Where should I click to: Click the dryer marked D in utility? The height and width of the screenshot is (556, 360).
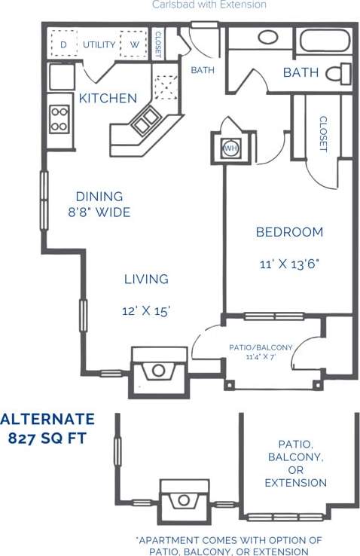pos(63,44)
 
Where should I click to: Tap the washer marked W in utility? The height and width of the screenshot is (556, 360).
pos(133,44)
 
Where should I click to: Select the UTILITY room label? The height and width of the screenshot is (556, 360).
pos(99,44)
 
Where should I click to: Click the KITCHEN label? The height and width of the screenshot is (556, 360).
pos(108,98)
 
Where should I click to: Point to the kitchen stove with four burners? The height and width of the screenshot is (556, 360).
pos(59,119)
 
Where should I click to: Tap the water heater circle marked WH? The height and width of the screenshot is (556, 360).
pos(230,148)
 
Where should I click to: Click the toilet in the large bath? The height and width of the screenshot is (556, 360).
pos(342,73)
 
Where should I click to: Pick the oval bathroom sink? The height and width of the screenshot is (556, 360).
pos(267,37)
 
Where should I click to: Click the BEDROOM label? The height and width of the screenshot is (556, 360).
pos(289,232)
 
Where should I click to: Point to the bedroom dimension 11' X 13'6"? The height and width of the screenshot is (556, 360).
pos(289,264)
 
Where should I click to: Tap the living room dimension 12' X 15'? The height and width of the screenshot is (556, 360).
pos(146,310)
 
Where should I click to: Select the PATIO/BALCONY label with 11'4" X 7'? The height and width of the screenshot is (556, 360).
pos(261,351)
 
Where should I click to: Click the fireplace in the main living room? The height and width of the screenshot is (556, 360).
pos(159,369)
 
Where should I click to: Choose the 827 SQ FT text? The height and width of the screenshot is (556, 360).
pos(47,438)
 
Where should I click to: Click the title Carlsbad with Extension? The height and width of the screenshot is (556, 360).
pos(209,5)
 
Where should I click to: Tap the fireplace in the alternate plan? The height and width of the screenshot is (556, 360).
pos(183,500)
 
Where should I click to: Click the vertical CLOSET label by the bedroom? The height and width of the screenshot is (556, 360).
pos(322,133)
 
